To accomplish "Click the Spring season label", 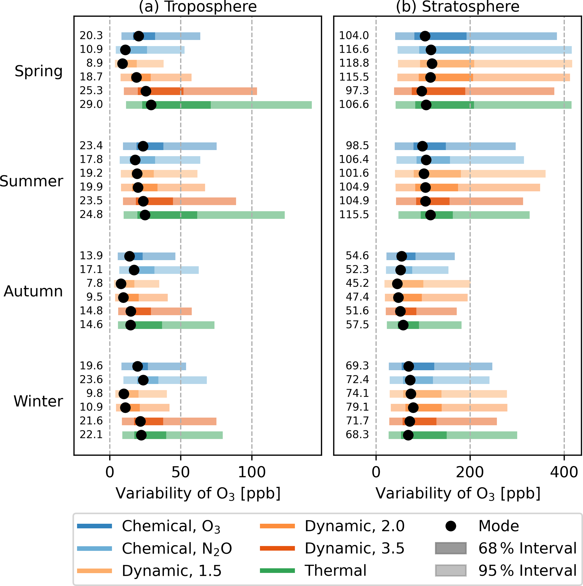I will coord(38,72).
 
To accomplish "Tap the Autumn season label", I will coord(33,292).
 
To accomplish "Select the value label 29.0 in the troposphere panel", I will coord(91,105).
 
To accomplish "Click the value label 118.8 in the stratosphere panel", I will coord(354,63).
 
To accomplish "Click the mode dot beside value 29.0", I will coord(151,105).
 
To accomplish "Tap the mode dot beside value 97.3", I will coord(421,91).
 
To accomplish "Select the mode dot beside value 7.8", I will coord(121,284).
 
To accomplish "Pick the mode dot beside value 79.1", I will coord(413,408).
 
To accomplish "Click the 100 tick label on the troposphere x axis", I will coord(252,473).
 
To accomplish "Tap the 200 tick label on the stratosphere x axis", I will coord(470,473).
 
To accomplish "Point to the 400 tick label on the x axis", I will coord(564,473).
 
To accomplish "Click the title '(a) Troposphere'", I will coord(197,7).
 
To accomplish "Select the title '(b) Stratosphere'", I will coord(457,7).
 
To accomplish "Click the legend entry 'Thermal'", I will coord(335,570).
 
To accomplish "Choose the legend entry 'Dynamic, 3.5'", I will coord(354,548).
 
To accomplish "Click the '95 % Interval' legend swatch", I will coord(451,570).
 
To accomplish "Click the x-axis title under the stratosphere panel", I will coord(458,494).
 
